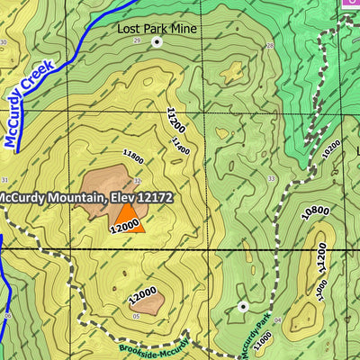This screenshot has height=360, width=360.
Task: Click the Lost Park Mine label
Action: (157, 28)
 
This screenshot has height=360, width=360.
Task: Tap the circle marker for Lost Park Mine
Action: (157, 42)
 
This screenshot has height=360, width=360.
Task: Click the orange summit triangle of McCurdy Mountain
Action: (130, 219)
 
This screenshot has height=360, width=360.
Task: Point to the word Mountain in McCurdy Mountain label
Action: (76, 197)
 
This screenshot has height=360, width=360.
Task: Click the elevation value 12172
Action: (153, 197)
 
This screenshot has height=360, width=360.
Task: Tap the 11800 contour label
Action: (133, 157)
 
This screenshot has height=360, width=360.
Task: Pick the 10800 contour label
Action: (315, 211)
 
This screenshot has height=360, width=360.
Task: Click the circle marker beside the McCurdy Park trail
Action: (242, 307)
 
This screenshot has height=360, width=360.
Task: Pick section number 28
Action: (269, 45)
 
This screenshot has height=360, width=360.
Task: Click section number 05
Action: (135, 317)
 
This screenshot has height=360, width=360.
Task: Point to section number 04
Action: (279, 320)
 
